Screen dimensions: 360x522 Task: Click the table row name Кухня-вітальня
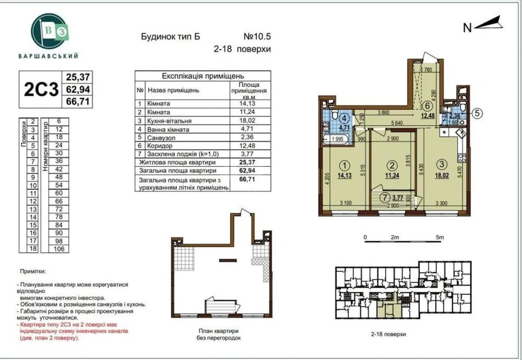click(169, 121)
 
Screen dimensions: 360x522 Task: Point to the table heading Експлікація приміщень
click(202, 76)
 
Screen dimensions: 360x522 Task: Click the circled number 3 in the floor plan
click(442, 164)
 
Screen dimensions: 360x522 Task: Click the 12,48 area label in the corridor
click(428, 115)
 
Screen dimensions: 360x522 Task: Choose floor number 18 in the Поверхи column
click(33, 249)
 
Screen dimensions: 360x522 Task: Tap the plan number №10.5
click(256, 37)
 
